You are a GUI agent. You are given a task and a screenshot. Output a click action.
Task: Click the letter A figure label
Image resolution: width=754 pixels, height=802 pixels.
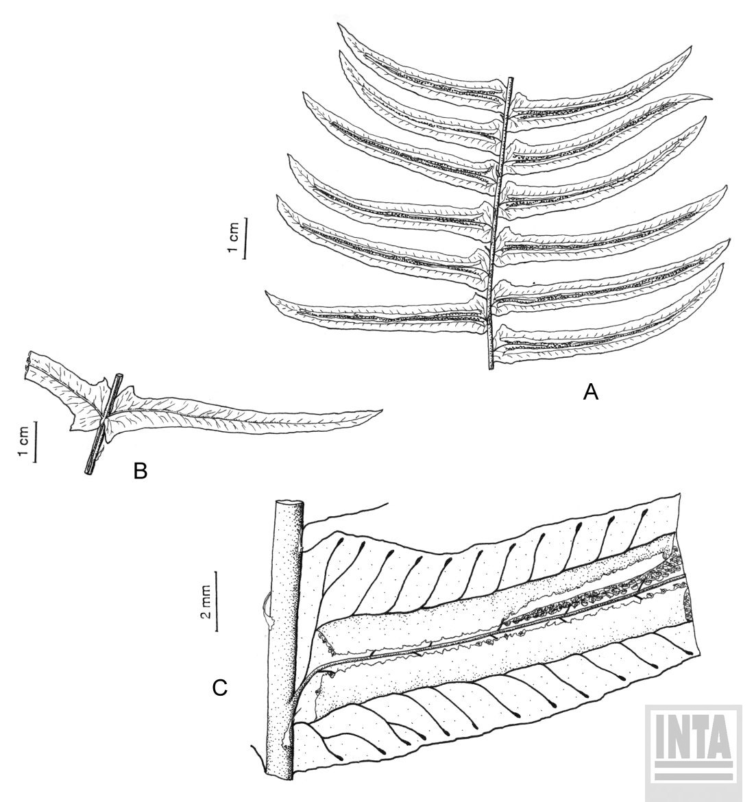(x=590, y=392)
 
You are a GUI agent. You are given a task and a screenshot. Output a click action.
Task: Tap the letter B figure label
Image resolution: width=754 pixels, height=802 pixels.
(x=140, y=470)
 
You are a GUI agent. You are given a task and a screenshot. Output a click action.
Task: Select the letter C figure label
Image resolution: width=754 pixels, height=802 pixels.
(x=219, y=688)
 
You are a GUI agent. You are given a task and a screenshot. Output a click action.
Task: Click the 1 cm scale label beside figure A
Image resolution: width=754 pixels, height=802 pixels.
(x=233, y=236)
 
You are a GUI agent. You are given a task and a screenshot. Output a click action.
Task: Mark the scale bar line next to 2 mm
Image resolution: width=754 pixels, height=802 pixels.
(x=217, y=601)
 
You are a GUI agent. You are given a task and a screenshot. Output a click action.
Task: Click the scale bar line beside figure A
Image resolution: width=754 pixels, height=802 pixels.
(x=245, y=238)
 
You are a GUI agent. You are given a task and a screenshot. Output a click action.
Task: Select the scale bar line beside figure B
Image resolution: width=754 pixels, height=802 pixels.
(x=35, y=442)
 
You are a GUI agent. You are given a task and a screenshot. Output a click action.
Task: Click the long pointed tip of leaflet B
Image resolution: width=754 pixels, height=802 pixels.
(x=381, y=410)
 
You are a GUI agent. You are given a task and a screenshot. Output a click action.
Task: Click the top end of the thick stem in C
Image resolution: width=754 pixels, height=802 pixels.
(x=289, y=503)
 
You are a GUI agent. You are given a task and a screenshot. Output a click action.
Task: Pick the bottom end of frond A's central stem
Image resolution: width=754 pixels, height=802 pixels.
(x=491, y=367)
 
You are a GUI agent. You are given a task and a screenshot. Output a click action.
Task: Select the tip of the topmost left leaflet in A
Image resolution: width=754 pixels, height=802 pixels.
(x=338, y=24)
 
